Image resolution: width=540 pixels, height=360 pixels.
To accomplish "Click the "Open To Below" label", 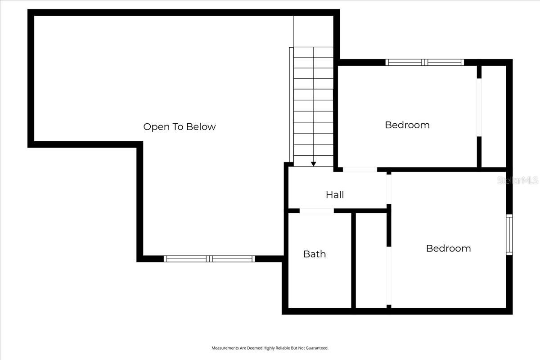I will coord(180,127).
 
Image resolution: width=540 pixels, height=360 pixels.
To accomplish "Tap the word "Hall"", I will coord(335,194).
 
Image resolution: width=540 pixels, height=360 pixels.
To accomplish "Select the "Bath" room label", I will coord(315,254).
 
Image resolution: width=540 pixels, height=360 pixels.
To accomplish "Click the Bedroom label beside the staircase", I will coord(407,125).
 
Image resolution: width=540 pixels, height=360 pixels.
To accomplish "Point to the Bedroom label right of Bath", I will coord(448,248).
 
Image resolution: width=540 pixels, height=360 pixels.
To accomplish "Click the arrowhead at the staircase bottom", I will coord(314,164).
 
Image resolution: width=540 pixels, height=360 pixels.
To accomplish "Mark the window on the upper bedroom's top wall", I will coord(425,63).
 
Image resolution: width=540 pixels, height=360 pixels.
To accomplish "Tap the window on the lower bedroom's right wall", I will coord(509,234).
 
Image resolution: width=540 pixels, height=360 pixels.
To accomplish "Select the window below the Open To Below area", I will coord(209,259).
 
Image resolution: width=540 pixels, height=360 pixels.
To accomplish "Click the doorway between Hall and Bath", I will coord(317,211).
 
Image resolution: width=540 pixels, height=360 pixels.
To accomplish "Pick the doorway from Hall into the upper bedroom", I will coord(360,170).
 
